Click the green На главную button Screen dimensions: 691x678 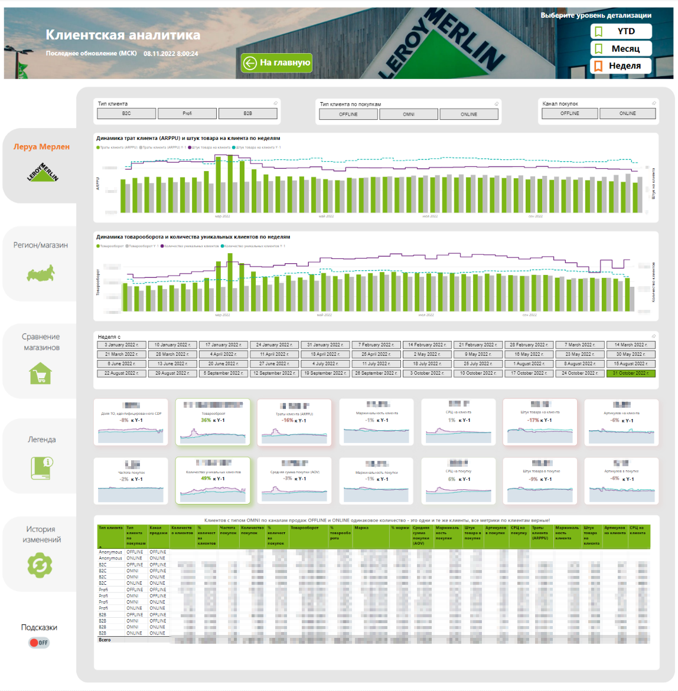coord(276,63)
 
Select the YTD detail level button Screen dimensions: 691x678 coord(621,31)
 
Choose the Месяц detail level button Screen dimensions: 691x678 coord(621,48)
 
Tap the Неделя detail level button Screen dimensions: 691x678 coord(621,66)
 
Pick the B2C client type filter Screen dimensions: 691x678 coord(126,113)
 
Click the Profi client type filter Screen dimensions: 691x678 coord(187,113)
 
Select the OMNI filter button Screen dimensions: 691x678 coord(409,114)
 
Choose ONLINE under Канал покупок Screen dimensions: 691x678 coord(627,113)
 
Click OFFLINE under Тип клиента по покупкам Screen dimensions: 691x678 coord(348,114)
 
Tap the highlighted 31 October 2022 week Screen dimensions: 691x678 coord(631,373)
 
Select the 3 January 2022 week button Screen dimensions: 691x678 coord(122,345)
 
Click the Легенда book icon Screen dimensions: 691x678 coord(42,467)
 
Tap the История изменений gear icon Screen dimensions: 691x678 coord(40,565)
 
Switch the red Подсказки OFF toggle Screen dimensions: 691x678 coord(40,643)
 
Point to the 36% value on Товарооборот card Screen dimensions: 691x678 coord(206,420)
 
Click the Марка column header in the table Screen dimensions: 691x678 coord(361,528)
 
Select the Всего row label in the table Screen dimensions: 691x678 coord(105,640)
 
